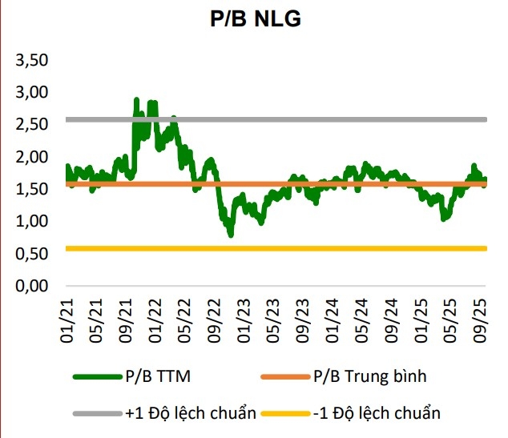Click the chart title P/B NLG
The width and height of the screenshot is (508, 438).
[x=255, y=19]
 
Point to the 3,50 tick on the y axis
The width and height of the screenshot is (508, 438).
[x=33, y=60]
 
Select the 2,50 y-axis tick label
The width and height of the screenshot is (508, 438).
[x=33, y=125]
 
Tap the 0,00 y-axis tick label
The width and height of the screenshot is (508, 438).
[x=33, y=286]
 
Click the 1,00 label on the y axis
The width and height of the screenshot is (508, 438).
[x=33, y=221]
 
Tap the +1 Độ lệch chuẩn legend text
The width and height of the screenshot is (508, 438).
[x=191, y=413]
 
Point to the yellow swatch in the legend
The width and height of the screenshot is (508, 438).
[x=288, y=413]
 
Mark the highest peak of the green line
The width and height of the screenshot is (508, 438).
[x=136, y=99]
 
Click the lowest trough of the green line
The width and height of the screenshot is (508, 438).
[x=231, y=235]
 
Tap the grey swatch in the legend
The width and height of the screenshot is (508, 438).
[x=97, y=413]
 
